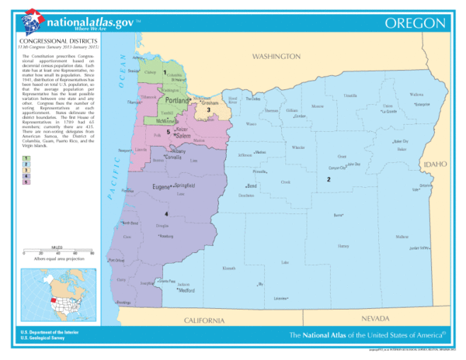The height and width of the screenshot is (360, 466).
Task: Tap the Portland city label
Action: click(x=178, y=102)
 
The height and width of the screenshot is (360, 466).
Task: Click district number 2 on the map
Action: click(x=329, y=179)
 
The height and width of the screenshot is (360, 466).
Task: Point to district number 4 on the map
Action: click(x=165, y=213)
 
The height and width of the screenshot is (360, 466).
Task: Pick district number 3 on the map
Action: click(x=208, y=110)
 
